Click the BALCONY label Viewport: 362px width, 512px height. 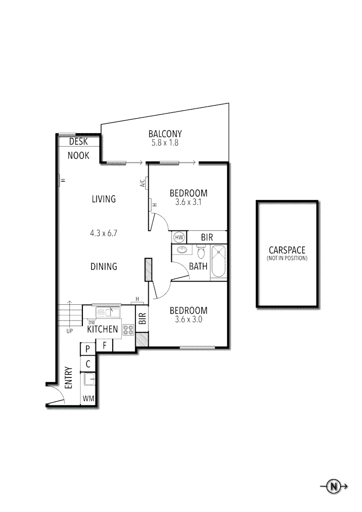click(x=165, y=134)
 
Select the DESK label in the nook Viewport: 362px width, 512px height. click(x=79, y=141)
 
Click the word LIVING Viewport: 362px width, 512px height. click(x=104, y=199)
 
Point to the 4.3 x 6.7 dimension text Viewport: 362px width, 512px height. click(x=104, y=233)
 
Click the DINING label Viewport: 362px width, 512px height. click(x=104, y=266)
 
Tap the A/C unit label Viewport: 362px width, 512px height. click(x=142, y=183)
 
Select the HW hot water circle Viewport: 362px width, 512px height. click(x=179, y=237)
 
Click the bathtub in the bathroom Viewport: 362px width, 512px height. click(x=219, y=261)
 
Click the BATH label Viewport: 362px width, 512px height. click(x=198, y=266)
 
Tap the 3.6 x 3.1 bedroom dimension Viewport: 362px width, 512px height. click(x=188, y=202)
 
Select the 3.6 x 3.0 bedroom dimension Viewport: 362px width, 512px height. click(x=188, y=320)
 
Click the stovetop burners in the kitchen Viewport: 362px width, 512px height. click(x=128, y=330)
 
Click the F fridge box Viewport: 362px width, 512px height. click(x=104, y=346)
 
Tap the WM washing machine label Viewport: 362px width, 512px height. click(x=88, y=399)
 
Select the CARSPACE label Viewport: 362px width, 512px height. click(x=287, y=250)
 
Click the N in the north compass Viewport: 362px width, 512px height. click(x=334, y=486)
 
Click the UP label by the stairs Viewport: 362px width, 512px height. click(x=70, y=331)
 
